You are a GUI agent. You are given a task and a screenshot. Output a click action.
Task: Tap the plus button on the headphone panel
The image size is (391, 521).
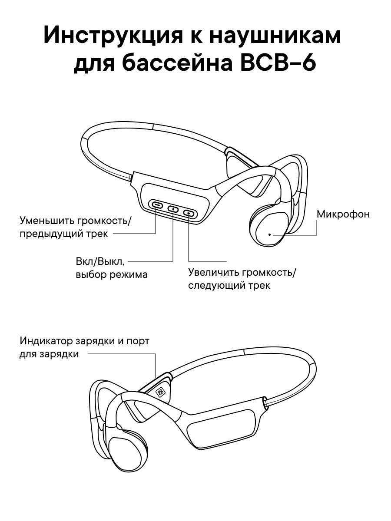[x=189, y=213]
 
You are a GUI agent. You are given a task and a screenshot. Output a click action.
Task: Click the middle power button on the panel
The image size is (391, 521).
[x=173, y=209]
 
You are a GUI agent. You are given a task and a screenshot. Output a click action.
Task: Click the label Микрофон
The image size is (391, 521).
[x=343, y=214]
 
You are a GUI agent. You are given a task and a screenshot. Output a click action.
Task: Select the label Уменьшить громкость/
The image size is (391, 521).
[x=75, y=220]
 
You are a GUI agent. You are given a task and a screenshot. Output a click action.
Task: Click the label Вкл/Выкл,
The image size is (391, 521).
[x=100, y=262]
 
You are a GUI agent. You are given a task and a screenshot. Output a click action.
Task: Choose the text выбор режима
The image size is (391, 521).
[x=111, y=274]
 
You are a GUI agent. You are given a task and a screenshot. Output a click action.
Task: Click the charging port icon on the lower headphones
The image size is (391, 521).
[x=161, y=392]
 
